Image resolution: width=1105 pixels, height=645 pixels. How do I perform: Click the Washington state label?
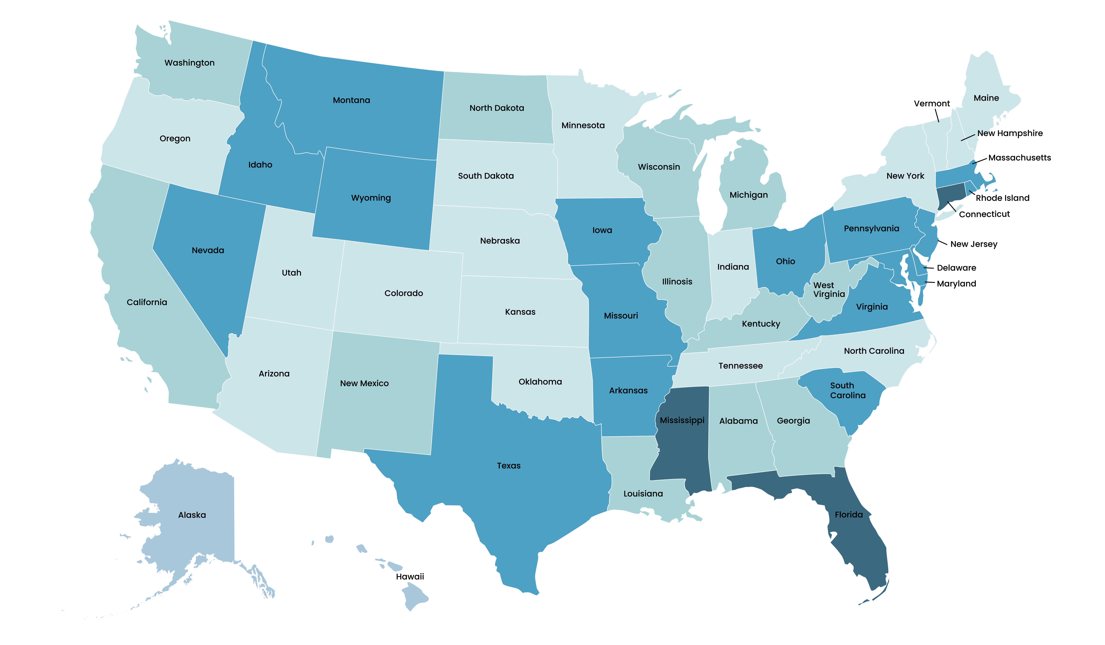pos(189,63)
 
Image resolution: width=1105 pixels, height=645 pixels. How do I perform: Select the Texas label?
pos(509,466)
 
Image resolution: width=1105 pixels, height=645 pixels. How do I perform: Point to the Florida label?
pos(849,515)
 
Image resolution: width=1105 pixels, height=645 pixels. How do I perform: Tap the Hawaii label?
pos(410,577)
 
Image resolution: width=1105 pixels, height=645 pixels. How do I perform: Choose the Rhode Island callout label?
pos(1002,198)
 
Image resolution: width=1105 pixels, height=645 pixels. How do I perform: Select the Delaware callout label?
pos(956,268)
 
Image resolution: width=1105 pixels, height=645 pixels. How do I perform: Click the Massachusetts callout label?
pos(1019,158)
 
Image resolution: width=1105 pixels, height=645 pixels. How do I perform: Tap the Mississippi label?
pos(682,420)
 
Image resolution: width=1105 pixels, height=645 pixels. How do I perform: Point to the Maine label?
pos(986,98)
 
